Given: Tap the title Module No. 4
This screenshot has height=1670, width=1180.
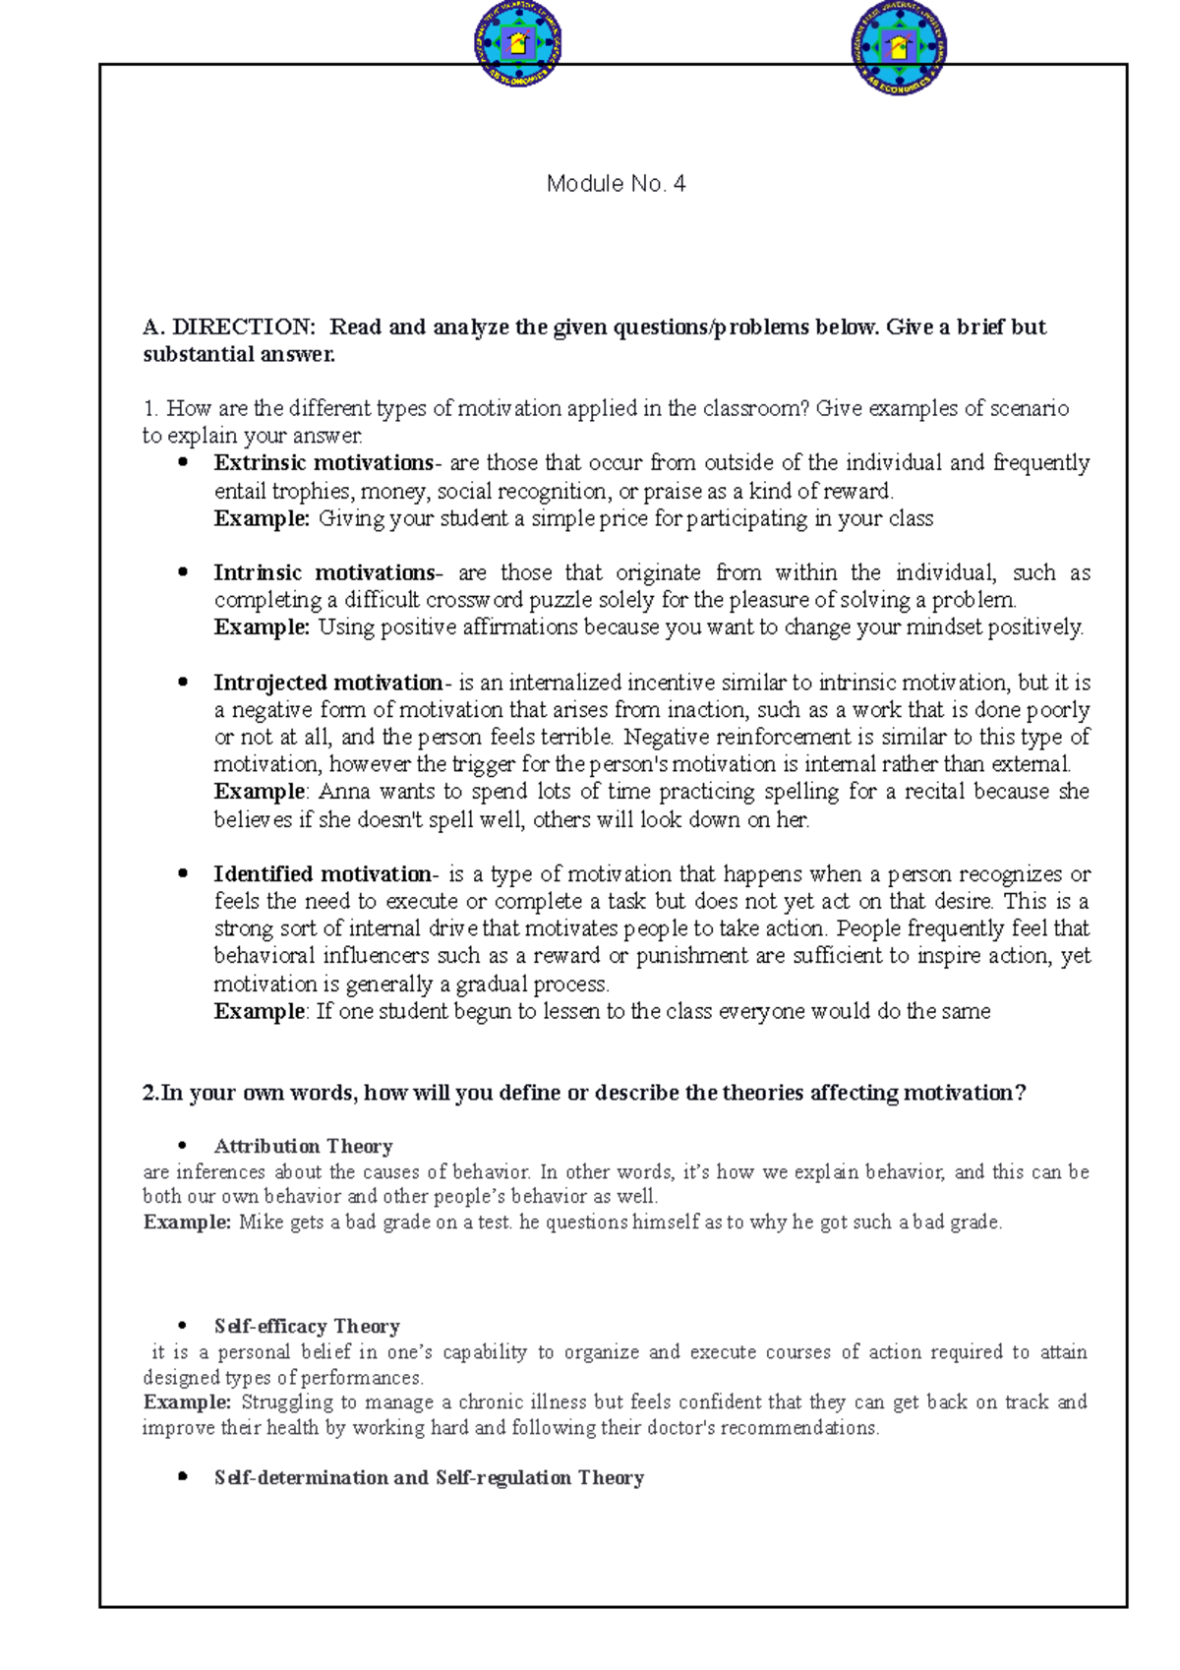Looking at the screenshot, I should pos(616,184).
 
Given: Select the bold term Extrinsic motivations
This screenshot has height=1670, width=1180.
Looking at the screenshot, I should pos(324,462).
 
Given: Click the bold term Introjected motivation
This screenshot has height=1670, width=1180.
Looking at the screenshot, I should pos(328,683).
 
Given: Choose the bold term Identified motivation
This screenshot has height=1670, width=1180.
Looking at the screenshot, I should pos(323,873).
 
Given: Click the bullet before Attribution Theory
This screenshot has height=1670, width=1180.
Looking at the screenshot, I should pos(182,1146).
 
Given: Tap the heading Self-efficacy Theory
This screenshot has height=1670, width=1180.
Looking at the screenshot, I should pos(307,1326).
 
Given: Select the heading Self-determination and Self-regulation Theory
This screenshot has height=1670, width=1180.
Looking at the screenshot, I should pos(429,1477).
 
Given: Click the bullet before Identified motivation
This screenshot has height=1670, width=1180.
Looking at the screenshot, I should pos(182,873).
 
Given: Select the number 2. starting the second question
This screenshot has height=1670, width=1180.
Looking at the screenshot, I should pos(150,1093).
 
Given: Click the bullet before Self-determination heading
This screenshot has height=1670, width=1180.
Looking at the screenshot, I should pos(182,1477).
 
